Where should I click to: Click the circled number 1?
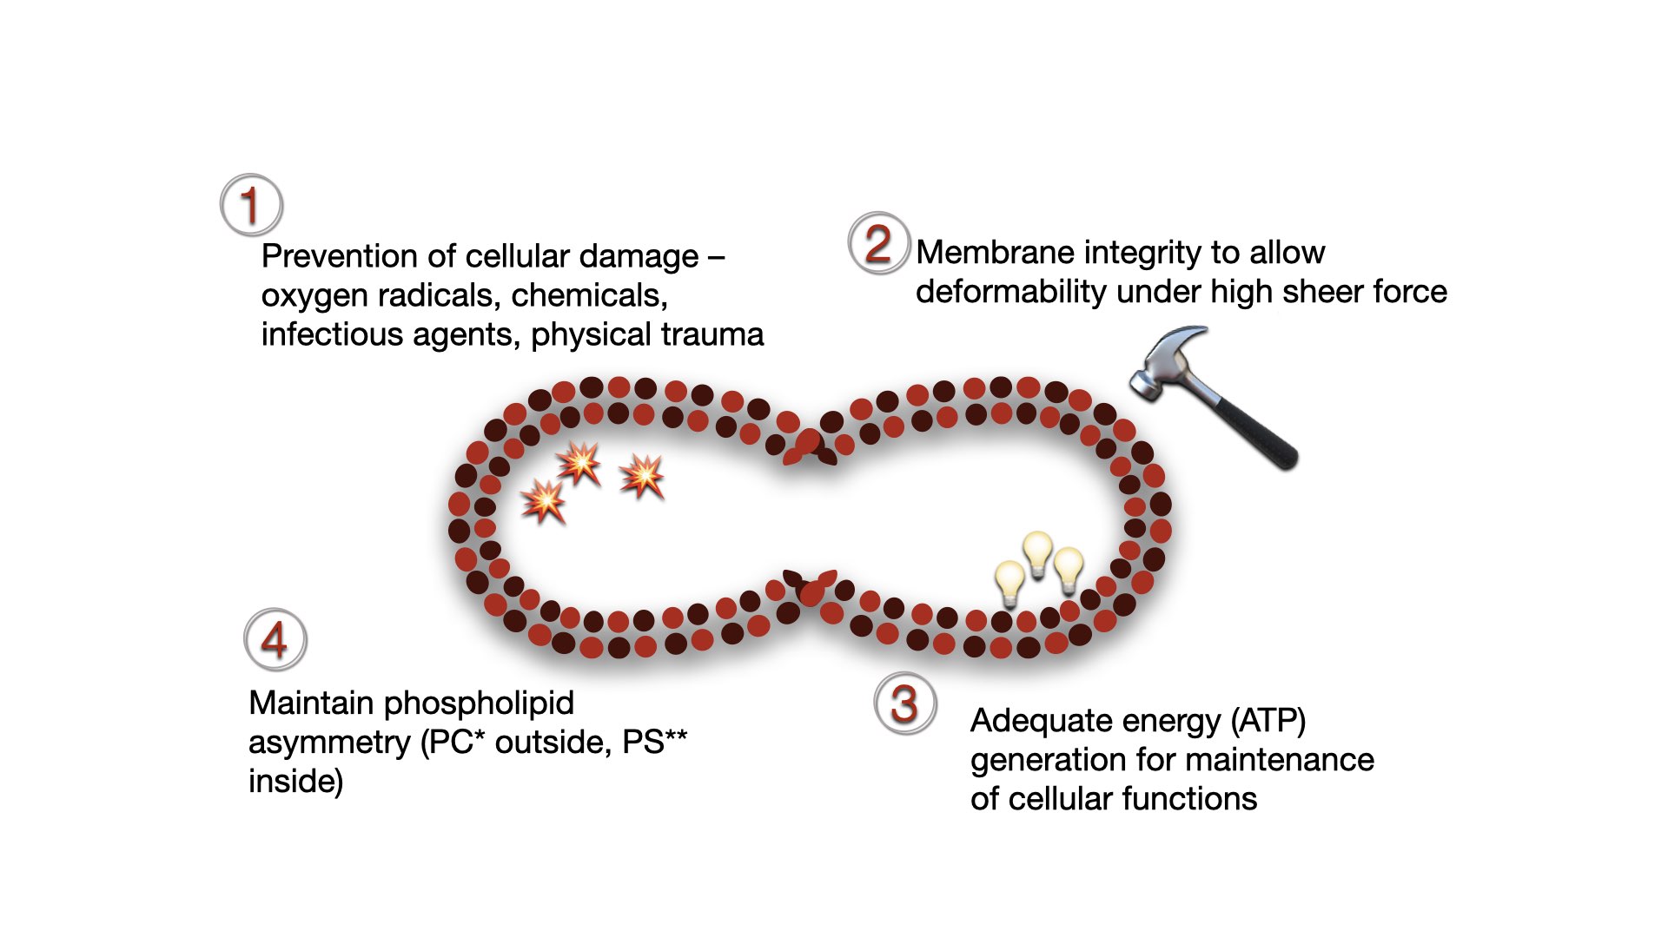(251, 205)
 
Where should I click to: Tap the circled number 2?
(878, 243)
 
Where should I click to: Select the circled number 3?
(904, 703)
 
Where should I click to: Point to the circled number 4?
(275, 640)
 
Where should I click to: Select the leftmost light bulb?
(1009, 581)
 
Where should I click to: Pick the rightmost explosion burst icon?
(642, 475)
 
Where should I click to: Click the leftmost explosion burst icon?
(543, 501)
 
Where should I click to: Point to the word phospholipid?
(479, 703)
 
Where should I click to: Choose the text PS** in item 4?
(654, 743)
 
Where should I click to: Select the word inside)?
(296, 782)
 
